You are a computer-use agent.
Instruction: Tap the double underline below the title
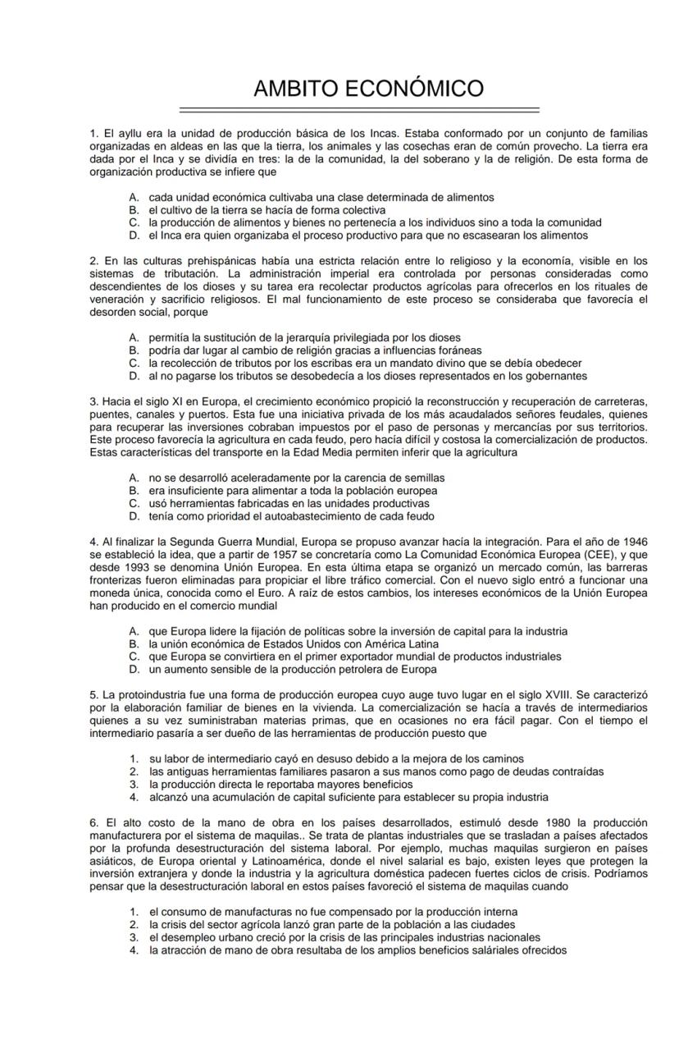pyautogui.click(x=359, y=109)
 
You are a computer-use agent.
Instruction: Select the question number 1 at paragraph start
pyautogui.click(x=93, y=133)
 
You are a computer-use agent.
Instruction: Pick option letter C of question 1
pyautogui.click(x=133, y=222)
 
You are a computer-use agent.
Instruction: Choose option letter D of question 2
pyautogui.click(x=133, y=377)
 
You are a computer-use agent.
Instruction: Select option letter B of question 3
pyautogui.click(x=133, y=491)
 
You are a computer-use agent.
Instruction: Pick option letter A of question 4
pyautogui.click(x=133, y=631)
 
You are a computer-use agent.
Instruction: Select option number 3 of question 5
pyautogui.click(x=133, y=784)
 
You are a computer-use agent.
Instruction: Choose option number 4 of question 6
pyautogui.click(x=133, y=950)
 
